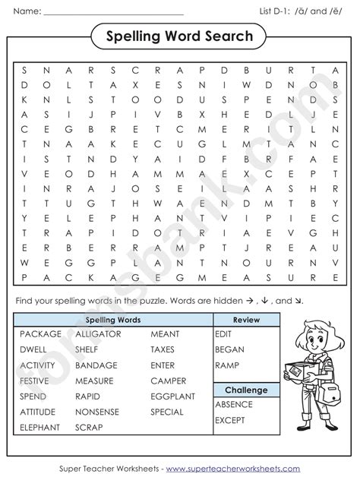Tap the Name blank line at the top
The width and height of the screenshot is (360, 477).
click(114, 14)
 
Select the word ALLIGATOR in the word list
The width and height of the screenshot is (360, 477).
click(97, 333)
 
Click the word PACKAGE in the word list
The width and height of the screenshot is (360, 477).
click(40, 333)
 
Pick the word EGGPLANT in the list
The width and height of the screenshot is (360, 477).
click(172, 396)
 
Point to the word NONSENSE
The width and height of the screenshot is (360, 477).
click(97, 412)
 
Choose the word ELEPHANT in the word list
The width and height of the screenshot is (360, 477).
click(39, 428)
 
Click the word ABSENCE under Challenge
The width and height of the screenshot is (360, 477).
click(234, 405)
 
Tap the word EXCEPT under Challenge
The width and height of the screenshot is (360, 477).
click(231, 420)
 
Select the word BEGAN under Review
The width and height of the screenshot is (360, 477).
click(229, 349)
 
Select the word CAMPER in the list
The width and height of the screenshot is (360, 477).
click(168, 381)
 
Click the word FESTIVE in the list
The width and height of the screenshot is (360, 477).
click(34, 381)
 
